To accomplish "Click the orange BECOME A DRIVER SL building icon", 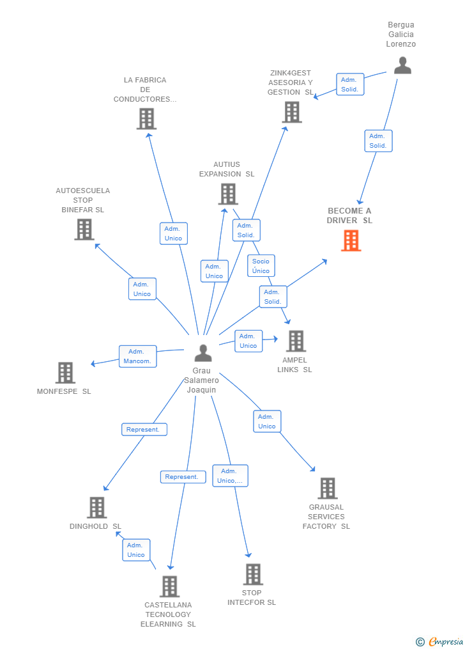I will pos(351,240).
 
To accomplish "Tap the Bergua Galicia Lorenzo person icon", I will pos(402,65).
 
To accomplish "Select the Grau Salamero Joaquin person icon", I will pos(203,353).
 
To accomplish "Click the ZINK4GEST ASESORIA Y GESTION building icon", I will pos(292,112).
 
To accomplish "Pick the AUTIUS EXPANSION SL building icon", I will pos(228,194).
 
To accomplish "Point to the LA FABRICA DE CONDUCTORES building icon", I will pos(146,118).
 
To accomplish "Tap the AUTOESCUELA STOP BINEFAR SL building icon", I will pos(84,229).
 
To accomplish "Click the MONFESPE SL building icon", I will pos(65,372).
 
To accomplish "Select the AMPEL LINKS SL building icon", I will pos(296,341).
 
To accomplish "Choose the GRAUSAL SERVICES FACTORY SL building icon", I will pos(327,488).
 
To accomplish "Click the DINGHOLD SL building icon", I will pos(96,507).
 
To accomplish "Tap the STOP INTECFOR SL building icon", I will pos(253,574).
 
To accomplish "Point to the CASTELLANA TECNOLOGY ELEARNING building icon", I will pos(169,586).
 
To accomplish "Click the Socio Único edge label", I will pos(261,266).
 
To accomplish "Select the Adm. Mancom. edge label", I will pos(137,356).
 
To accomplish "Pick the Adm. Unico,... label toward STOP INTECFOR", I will pos(230,476).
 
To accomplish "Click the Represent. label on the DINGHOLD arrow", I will pos(144,430).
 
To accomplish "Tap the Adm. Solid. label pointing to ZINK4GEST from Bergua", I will pos(350,84).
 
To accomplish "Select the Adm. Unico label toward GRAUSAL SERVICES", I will pos(267,421).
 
